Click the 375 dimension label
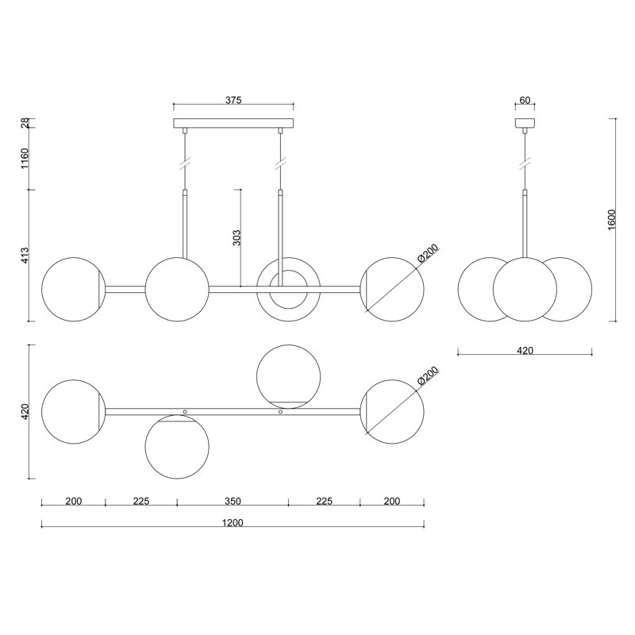click(x=233, y=100)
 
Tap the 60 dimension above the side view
click(x=525, y=100)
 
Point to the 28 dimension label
click(x=25, y=123)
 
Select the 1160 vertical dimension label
click(x=25, y=159)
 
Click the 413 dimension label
click(x=25, y=256)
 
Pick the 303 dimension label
click(x=237, y=237)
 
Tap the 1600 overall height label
click(x=611, y=220)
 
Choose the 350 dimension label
click(x=233, y=502)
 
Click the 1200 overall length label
click(x=233, y=523)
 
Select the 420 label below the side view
click(x=525, y=350)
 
